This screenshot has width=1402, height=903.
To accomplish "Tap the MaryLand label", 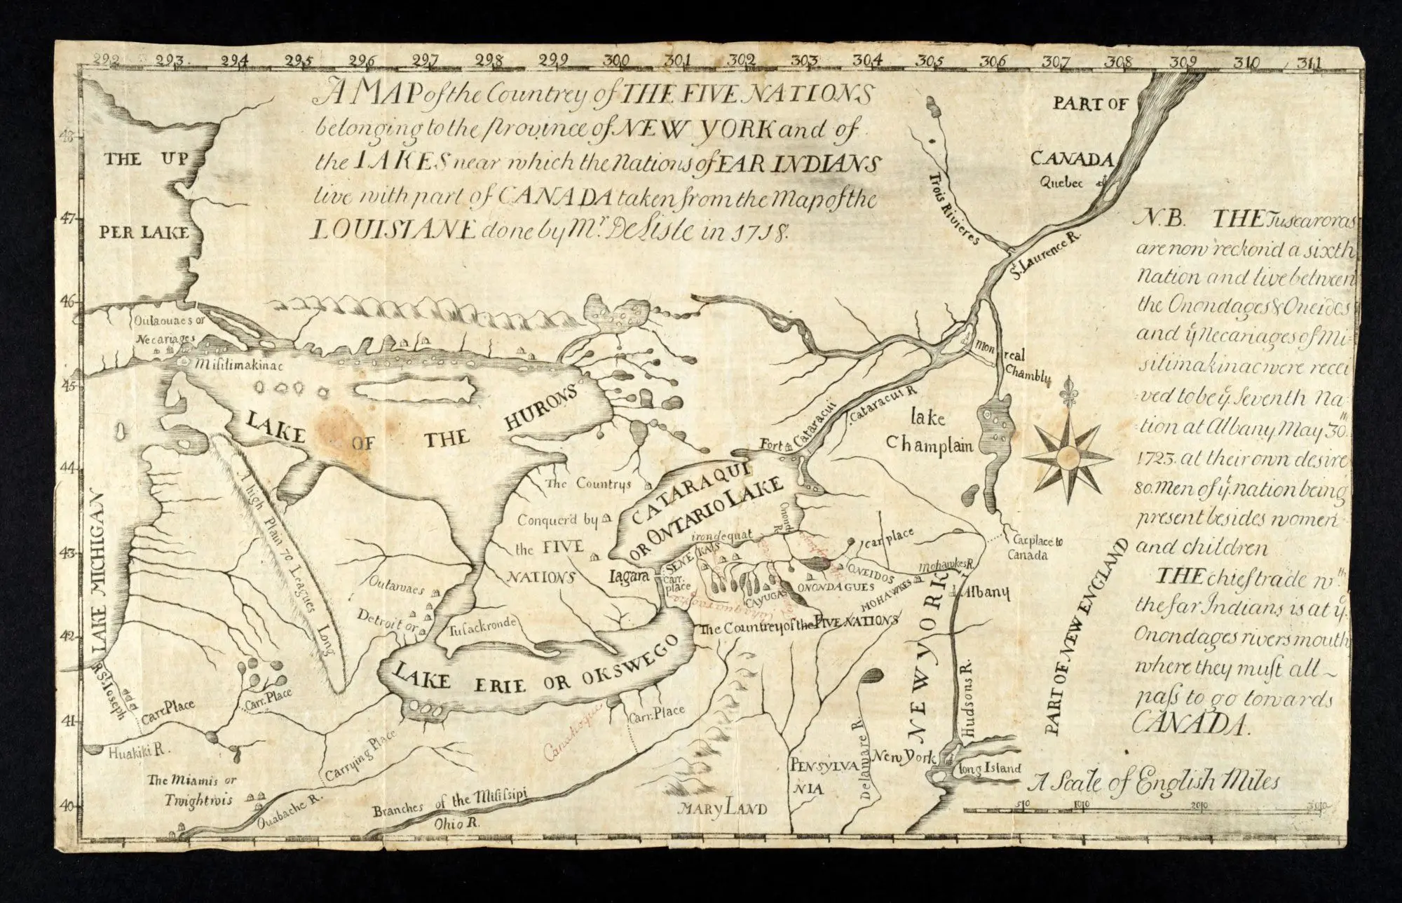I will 722,808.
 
